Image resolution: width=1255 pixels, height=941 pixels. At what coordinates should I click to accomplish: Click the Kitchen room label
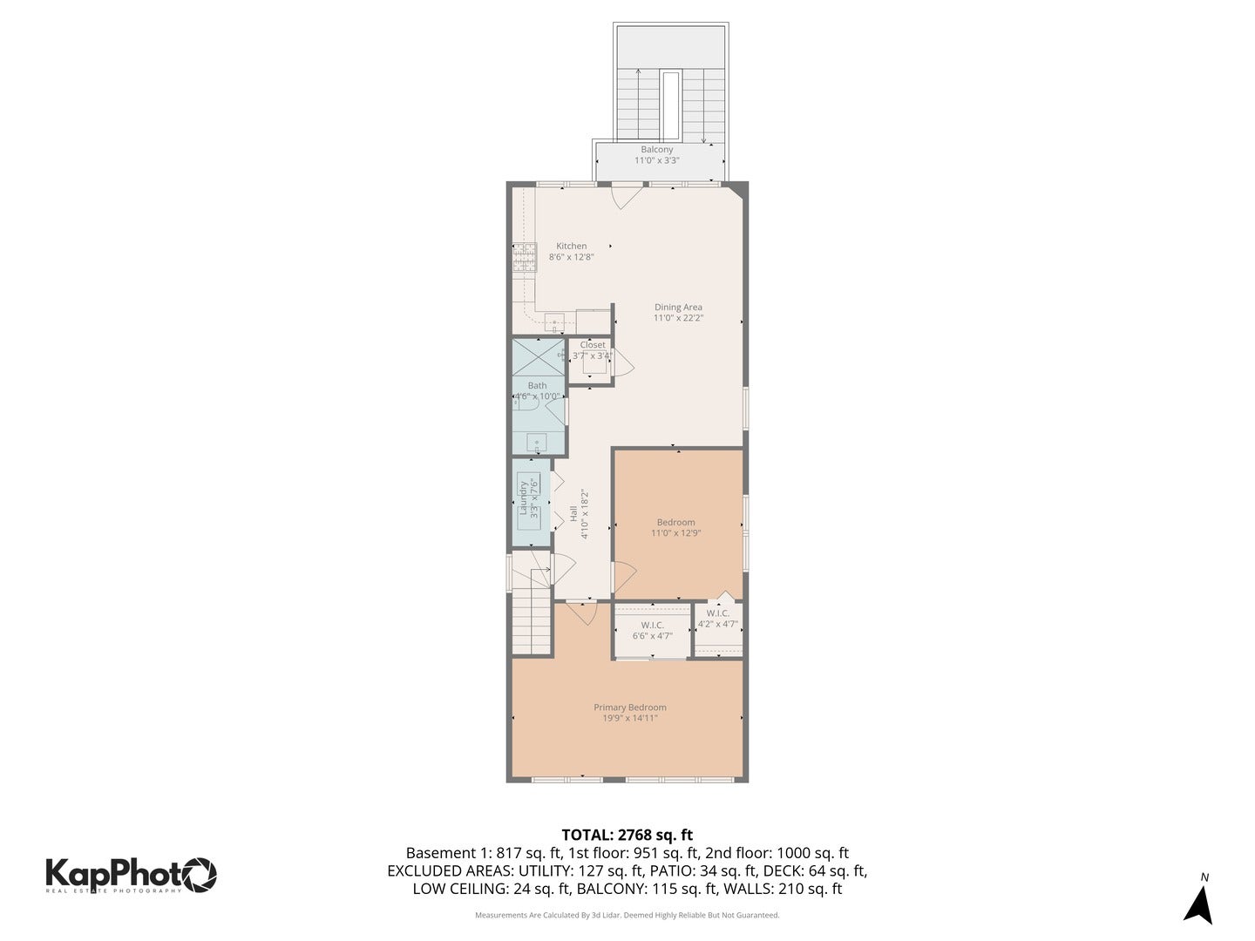[572, 247]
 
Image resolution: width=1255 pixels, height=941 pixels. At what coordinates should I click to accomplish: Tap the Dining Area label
[678, 308]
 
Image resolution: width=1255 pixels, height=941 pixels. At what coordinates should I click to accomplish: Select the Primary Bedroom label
[629, 707]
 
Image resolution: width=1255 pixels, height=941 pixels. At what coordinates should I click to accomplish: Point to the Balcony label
[656, 150]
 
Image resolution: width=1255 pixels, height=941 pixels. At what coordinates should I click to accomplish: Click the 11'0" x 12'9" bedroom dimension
[675, 533]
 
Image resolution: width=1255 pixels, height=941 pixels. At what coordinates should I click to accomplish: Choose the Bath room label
[537, 385]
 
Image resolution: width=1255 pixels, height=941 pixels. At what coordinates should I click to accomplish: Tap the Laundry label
[524, 499]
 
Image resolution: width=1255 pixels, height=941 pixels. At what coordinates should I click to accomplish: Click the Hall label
[573, 514]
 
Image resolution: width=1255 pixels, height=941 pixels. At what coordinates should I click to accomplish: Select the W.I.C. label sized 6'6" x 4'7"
[652, 626]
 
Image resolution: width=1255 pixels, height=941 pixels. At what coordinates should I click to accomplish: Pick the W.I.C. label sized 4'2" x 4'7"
[718, 613]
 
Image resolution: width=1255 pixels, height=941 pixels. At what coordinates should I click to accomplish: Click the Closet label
[593, 345]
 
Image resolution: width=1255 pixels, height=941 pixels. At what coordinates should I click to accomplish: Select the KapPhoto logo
[131, 874]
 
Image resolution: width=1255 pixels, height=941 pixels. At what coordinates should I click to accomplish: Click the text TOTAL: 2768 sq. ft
[627, 835]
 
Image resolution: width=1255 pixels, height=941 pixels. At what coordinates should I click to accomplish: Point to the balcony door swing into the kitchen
[626, 196]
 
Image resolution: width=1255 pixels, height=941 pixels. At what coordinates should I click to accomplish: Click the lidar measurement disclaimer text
[627, 916]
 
